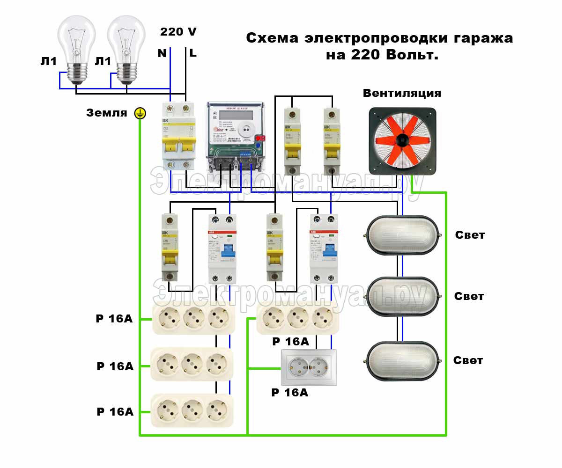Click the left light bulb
76,47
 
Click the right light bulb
126,47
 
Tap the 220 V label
178,32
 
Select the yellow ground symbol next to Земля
140,113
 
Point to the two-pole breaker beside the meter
178,136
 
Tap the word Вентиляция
402,93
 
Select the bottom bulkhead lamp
402,360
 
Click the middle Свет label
469,296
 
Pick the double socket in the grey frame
308,367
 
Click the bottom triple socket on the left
192,410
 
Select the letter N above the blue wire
162,53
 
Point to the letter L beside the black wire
193,53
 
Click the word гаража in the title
482,38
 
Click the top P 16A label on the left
114,319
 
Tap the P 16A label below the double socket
290,393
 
